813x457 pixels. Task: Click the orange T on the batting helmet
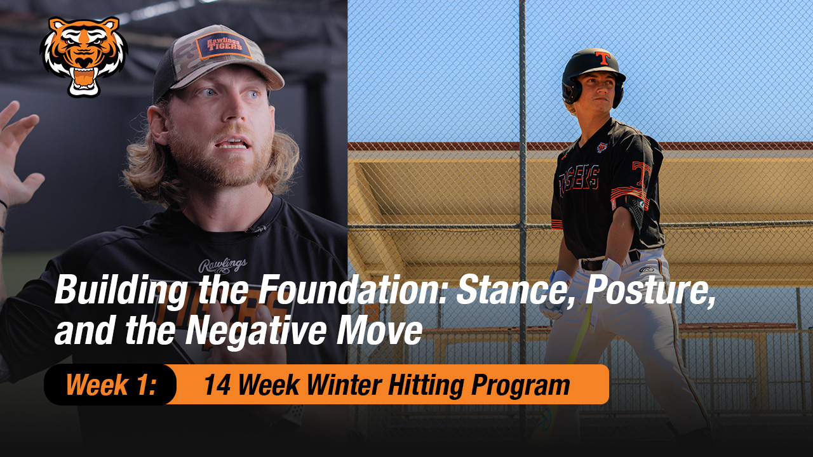tap(602, 58)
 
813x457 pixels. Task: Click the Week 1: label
tap(111, 385)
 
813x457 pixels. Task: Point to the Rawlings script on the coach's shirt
tap(222, 266)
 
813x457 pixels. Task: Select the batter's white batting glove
tap(559, 292)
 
